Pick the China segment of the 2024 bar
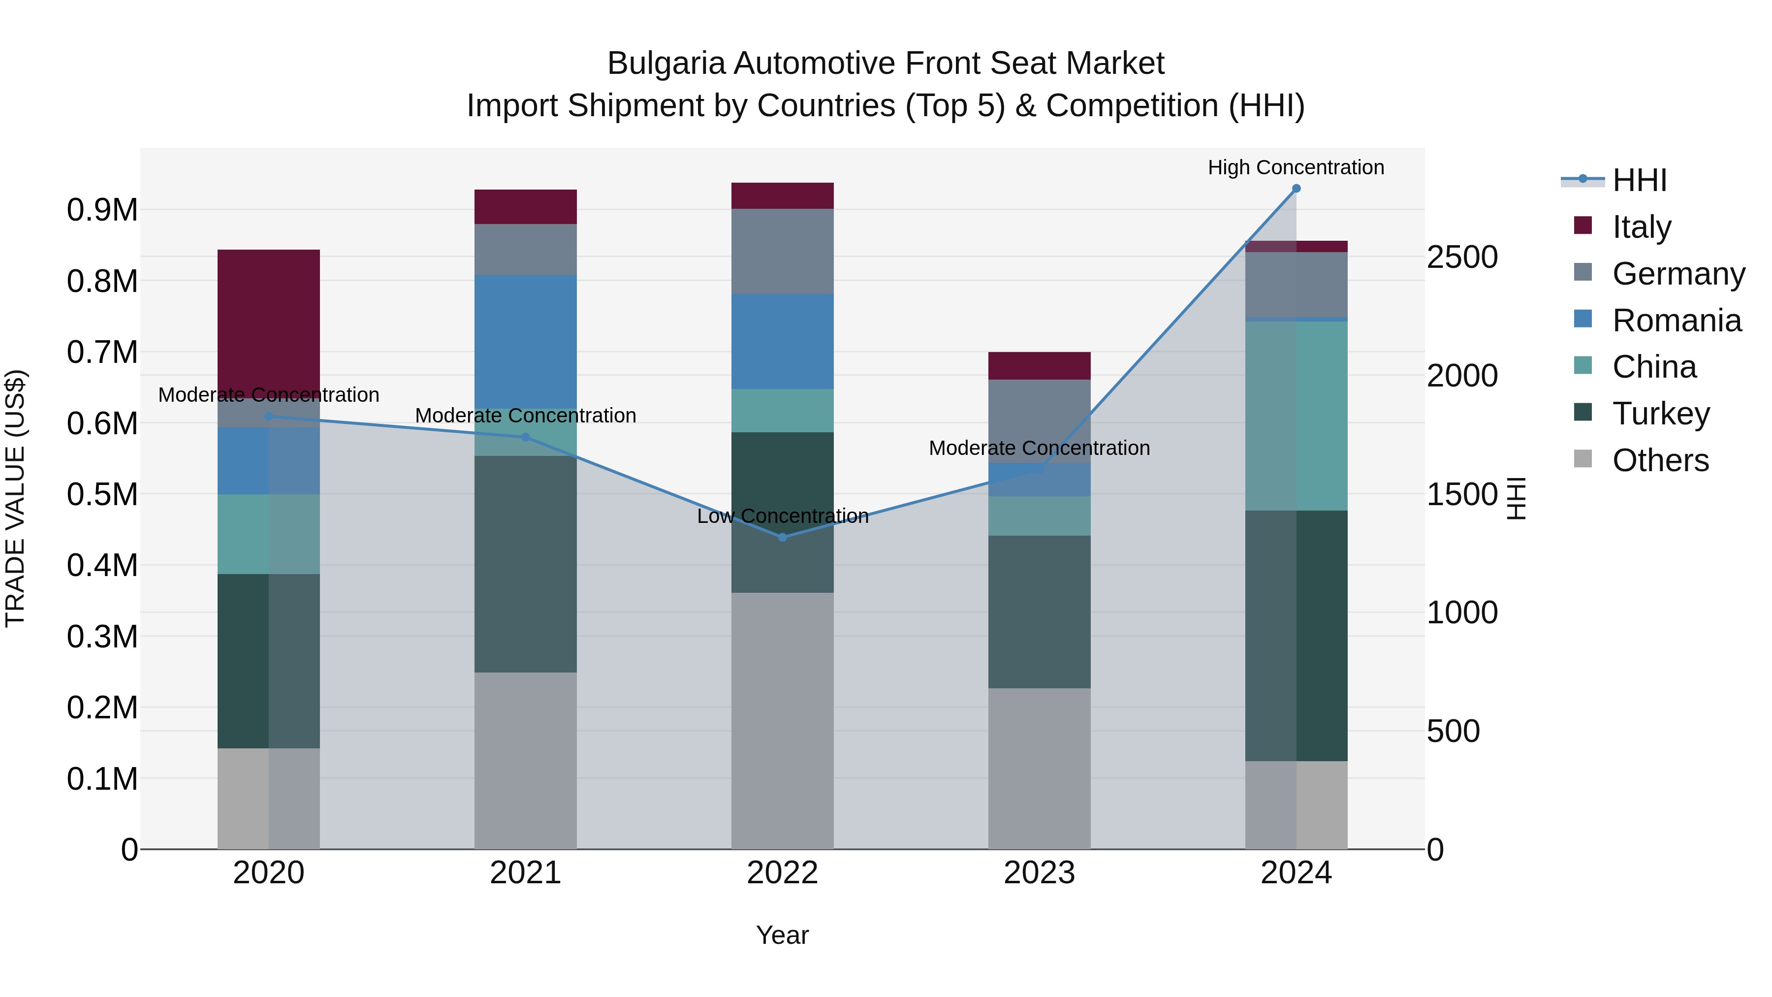point(1296,416)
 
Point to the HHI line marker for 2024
point(1296,189)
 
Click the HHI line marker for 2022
point(782,537)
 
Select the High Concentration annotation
point(1296,168)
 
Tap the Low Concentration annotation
point(782,516)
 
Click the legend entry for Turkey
point(1661,414)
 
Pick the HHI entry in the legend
point(1639,180)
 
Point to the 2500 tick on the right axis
point(1462,257)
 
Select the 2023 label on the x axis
point(1040,873)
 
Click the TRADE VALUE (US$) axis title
point(15,498)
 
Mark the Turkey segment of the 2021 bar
point(526,564)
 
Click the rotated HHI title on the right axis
point(1516,498)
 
